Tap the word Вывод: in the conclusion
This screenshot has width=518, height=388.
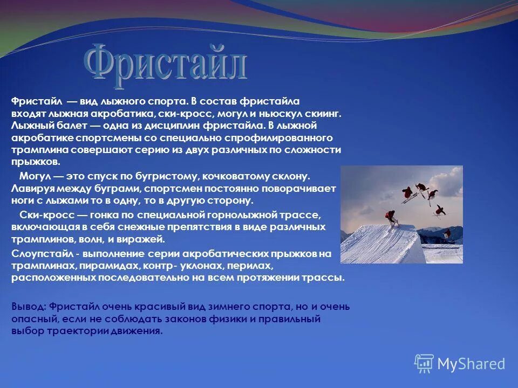pyautogui.click(x=28, y=307)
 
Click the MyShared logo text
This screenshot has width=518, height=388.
pyautogui.click(x=471, y=364)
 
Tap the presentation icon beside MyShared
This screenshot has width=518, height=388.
pyautogui.click(x=424, y=364)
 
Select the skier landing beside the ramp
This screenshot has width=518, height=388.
pyautogui.click(x=447, y=234)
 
